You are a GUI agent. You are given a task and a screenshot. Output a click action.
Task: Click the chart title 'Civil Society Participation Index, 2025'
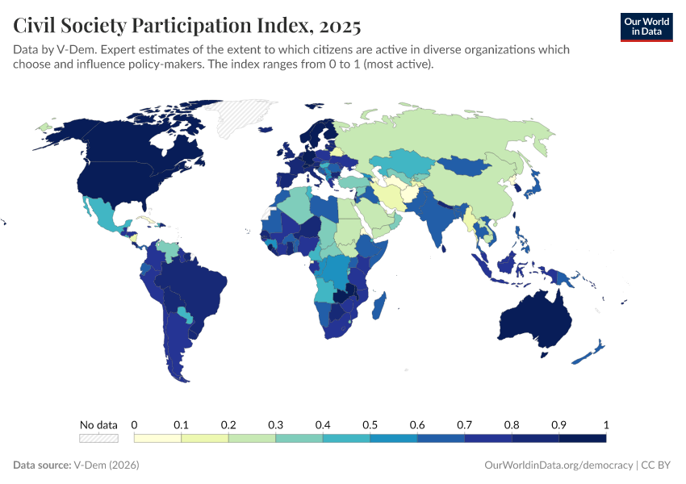coord(187,25)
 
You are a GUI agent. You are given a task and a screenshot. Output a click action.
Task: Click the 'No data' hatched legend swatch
coord(98,438)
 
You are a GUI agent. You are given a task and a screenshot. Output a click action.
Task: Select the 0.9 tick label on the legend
coord(558,424)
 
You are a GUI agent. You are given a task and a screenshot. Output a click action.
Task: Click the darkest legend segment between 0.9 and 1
coord(582,438)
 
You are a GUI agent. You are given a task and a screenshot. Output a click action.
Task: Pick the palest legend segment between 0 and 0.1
coord(157,438)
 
